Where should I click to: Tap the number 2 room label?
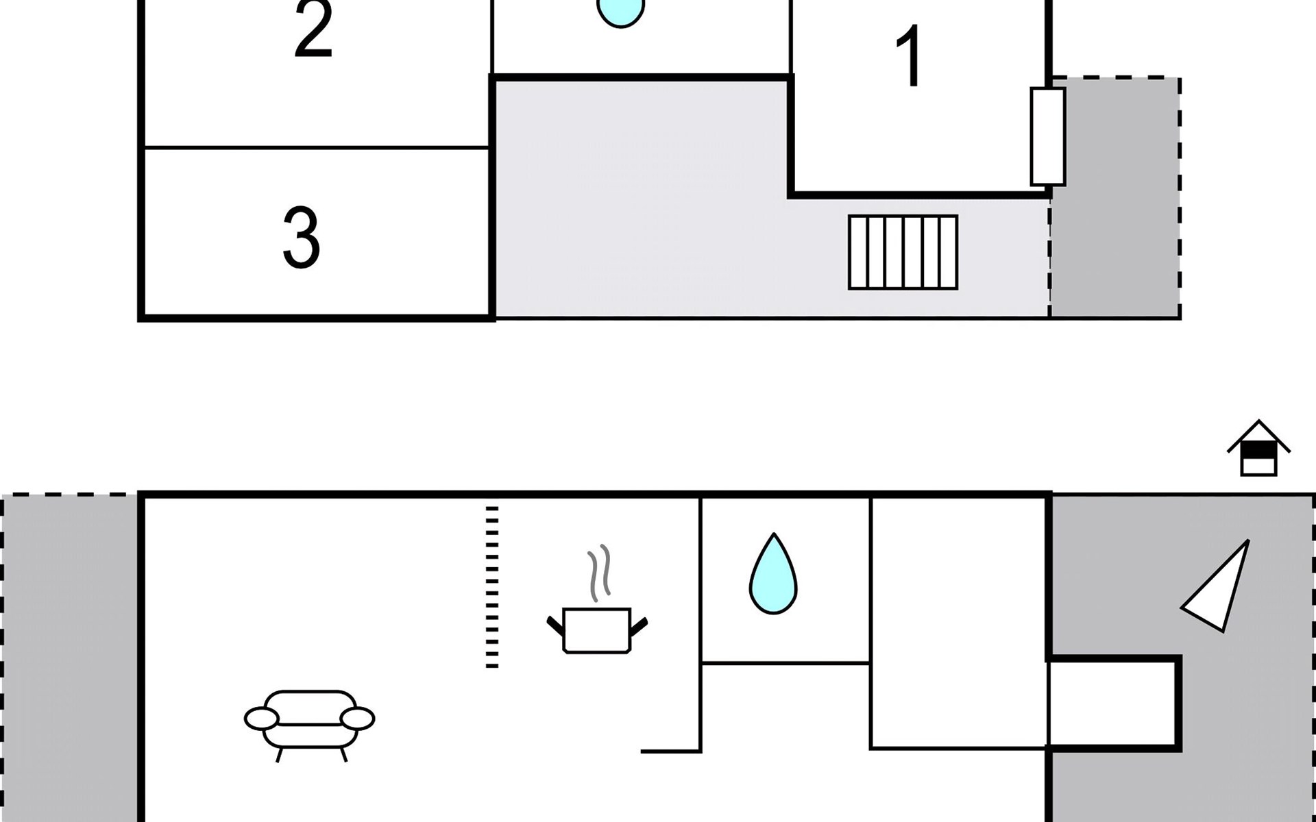314,29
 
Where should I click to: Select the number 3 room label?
302,237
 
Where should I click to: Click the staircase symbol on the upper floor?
903,252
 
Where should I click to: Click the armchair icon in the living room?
310,725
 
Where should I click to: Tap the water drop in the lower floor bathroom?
774,573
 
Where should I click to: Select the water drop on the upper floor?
621,12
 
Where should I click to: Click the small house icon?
1259,448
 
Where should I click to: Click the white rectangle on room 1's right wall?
1048,136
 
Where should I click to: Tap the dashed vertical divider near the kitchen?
492,586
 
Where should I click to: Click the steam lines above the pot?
599,573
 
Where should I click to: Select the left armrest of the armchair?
261,719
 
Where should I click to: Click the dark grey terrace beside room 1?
1116,198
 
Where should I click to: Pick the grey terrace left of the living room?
71,658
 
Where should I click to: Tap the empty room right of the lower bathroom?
958,622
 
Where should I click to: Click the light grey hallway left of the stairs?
641,199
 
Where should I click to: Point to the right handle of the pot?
639,625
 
